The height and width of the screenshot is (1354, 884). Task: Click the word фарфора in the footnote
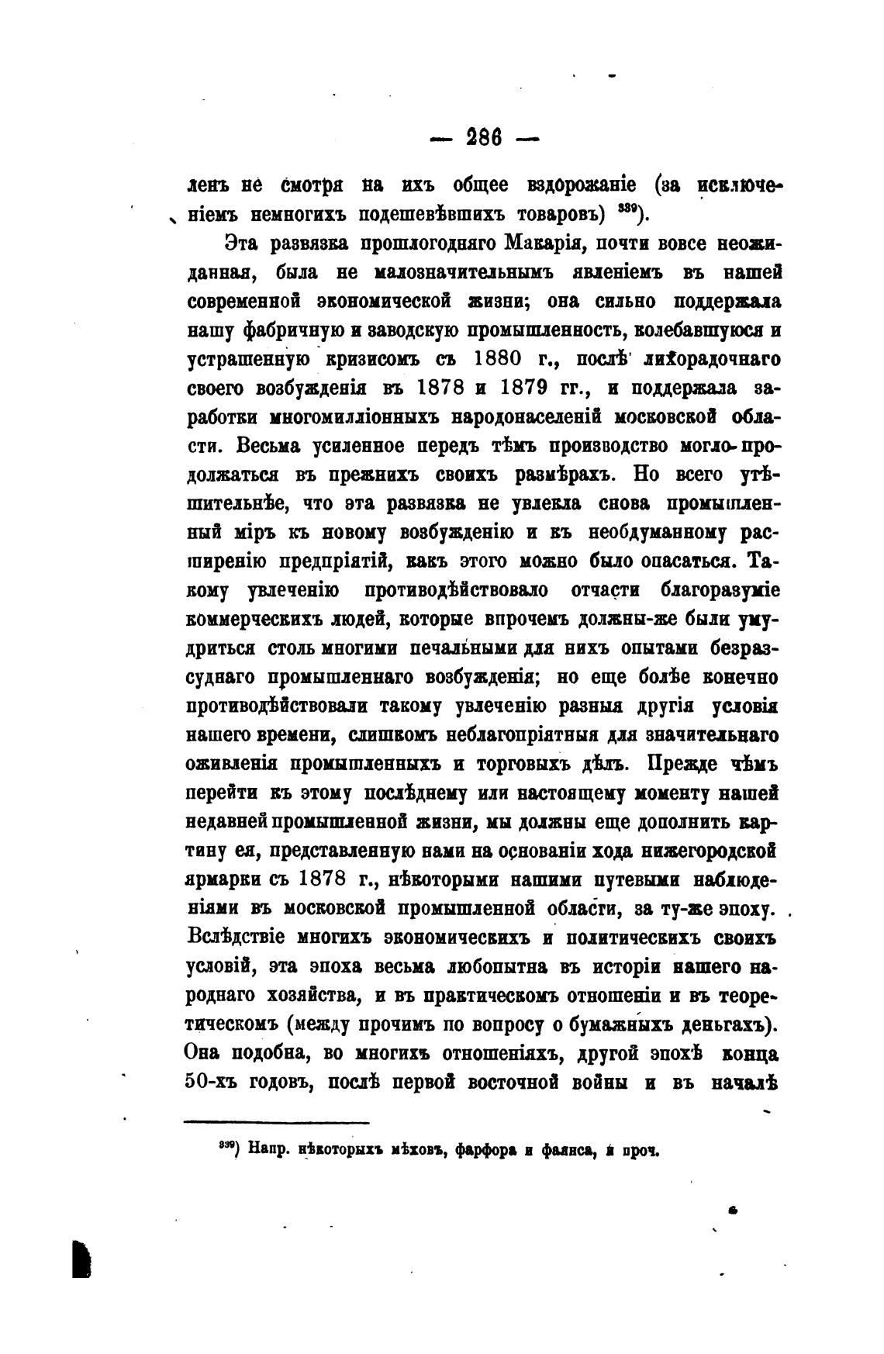pos(490,1152)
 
